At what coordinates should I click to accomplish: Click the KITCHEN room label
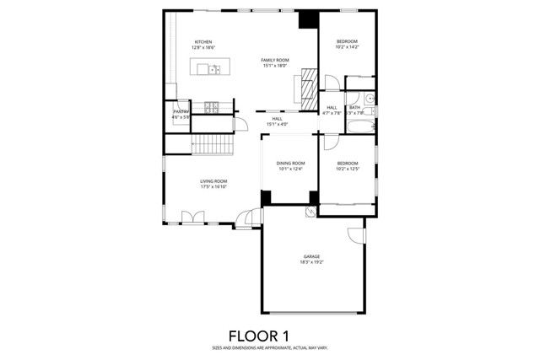coord(202,42)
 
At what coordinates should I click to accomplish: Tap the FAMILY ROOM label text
coord(274,60)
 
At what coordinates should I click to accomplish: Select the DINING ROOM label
coord(290,163)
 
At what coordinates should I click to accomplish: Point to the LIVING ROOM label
coord(213,181)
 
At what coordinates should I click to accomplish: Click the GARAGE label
coord(312,256)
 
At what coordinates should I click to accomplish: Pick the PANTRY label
coord(181,111)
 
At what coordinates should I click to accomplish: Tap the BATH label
coord(355,107)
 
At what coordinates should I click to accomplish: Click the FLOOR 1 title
coord(270,336)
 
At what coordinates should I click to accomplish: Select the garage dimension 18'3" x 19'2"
coord(312,262)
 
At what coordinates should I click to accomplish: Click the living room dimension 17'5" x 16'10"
coord(213,187)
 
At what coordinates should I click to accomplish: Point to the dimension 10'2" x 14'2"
coord(348,48)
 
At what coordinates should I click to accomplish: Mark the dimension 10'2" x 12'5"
coord(348,169)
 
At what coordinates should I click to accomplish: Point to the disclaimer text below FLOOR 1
coord(270,347)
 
